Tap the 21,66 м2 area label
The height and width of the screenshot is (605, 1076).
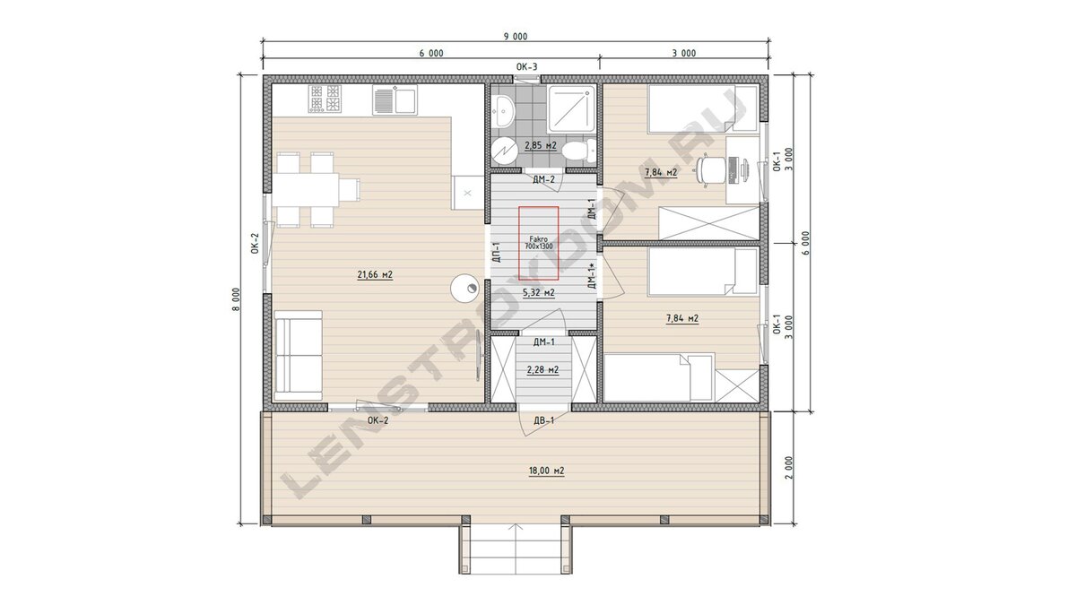(375, 274)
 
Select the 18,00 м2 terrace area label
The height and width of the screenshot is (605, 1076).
(547, 471)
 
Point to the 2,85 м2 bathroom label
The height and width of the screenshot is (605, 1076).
(541, 145)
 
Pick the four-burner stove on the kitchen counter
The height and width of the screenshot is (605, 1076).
(325, 99)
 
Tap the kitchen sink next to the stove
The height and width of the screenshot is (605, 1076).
(395, 99)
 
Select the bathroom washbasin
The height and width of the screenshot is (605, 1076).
(503, 110)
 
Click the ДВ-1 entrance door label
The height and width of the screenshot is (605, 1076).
(543, 420)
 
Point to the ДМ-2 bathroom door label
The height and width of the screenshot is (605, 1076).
(543, 179)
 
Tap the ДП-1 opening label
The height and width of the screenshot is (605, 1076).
(497, 252)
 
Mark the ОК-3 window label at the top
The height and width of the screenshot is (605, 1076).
(527, 66)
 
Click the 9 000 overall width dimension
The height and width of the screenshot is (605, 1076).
(516, 37)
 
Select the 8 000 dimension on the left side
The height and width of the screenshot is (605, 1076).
(236, 299)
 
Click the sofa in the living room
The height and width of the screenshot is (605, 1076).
(298, 356)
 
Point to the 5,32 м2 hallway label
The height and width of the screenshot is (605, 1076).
(539, 292)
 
